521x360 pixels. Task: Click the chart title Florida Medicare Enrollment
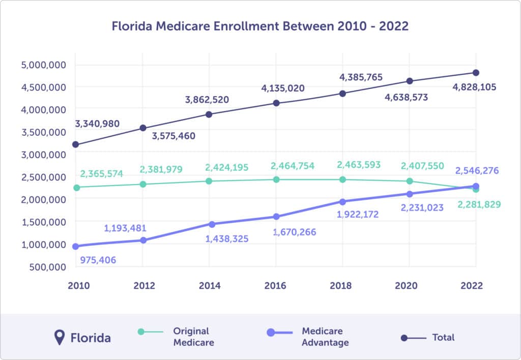point(260,26)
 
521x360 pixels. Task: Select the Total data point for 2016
point(276,103)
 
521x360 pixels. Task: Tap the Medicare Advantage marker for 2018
point(342,202)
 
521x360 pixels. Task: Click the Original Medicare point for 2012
point(142,184)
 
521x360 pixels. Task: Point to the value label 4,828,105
point(474,87)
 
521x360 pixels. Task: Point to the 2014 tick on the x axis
point(209,286)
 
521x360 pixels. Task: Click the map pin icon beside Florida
point(60,337)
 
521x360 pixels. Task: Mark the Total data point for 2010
point(76,145)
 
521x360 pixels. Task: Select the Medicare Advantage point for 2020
point(409,194)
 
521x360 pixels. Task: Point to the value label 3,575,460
point(173,136)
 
